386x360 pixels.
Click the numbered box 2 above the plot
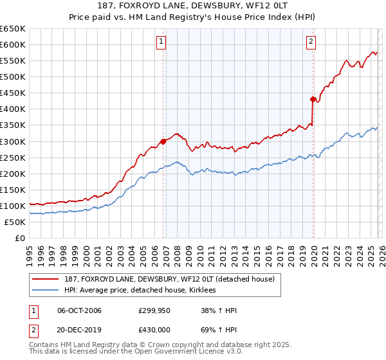click(x=311, y=42)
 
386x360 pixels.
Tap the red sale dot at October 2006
click(x=163, y=141)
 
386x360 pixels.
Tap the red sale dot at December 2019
click(x=313, y=99)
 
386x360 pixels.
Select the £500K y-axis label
click(x=13, y=77)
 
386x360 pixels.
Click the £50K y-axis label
click(x=15, y=222)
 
